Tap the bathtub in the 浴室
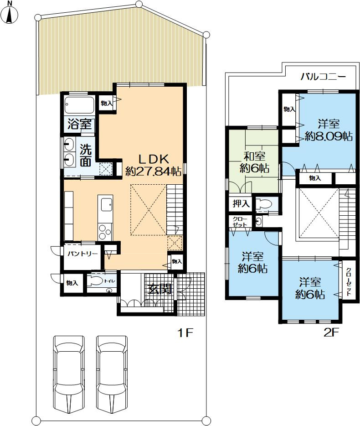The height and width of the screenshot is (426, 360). [x=79, y=105]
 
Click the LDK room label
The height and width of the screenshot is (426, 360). [x=154, y=158]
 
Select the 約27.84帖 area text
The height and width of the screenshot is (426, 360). [x=154, y=171]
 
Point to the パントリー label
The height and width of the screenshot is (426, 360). [x=82, y=254]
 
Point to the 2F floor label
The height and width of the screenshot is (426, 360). [x=332, y=332]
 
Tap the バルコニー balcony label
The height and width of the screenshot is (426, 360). [x=323, y=77]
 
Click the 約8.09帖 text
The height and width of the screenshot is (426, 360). [x=329, y=136]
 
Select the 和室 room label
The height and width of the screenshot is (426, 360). [x=254, y=156]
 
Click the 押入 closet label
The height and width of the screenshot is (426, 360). [x=241, y=203]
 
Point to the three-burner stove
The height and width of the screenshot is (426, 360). [x=105, y=232]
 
